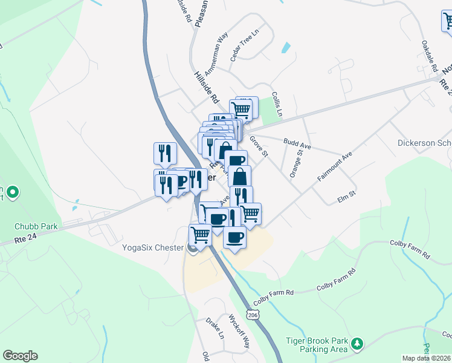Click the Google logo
pos(20,356)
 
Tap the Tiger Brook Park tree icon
pos(358,344)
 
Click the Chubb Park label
pos(36,226)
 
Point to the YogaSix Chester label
pos(154,247)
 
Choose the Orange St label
pos(295,162)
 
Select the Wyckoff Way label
pos(239,330)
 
